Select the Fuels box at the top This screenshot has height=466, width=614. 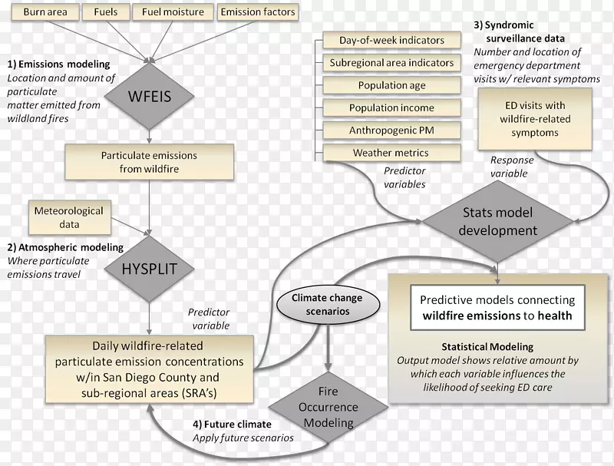click(105, 12)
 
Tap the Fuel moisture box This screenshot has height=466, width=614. click(173, 12)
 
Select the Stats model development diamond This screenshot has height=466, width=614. click(500, 222)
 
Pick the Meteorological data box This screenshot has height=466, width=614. click(67, 216)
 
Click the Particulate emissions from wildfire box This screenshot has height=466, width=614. click(149, 162)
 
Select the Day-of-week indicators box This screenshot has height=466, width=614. click(391, 40)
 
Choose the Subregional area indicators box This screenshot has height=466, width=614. click(391, 62)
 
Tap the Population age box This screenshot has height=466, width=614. click(391, 85)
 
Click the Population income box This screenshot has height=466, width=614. click(391, 108)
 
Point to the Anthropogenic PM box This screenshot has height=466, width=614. click(391, 131)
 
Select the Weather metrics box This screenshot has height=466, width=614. click(391, 153)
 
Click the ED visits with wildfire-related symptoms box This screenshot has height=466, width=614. click(535, 119)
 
